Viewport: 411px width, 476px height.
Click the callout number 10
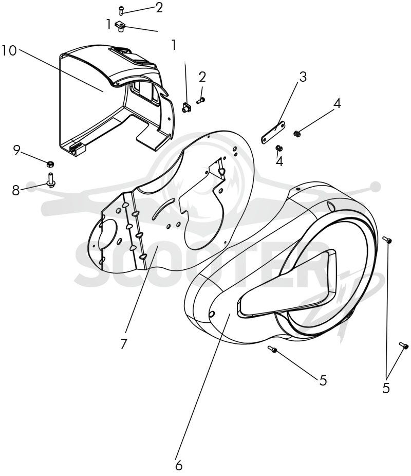point(9,51)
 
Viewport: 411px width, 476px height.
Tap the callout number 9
point(16,150)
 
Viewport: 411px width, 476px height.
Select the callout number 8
point(16,190)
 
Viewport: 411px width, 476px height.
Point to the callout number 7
point(123,344)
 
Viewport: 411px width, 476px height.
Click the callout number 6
point(179,465)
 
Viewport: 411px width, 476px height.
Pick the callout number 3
point(303,77)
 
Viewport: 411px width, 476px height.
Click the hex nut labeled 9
point(50,164)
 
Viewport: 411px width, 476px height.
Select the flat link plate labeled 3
point(273,132)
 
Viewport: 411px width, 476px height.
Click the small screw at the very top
point(121,9)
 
